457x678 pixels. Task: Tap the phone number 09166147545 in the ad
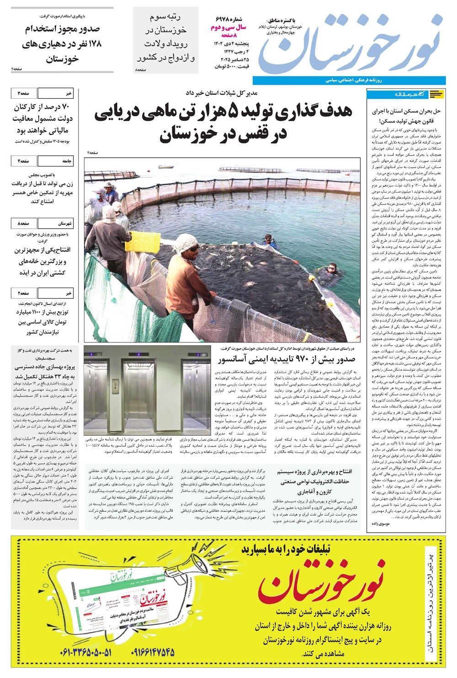(x=154, y=653)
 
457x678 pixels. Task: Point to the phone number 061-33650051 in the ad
(x=86, y=653)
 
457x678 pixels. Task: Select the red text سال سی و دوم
(x=228, y=28)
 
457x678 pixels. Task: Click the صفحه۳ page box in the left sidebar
(x=23, y=93)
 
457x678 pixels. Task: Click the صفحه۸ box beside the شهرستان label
(x=23, y=224)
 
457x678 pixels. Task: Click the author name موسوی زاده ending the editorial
(x=382, y=526)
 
